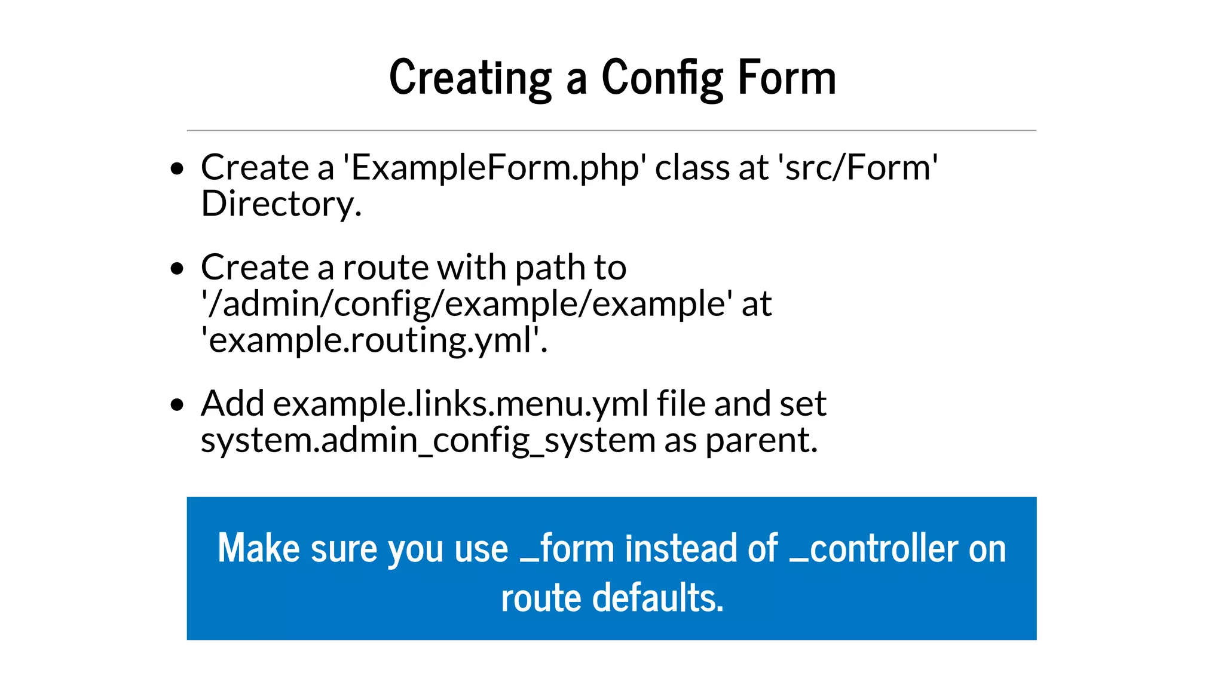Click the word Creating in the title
click(470, 78)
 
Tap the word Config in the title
click(662, 78)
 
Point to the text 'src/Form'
click(858, 168)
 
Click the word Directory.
click(281, 204)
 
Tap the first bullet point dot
click(177, 169)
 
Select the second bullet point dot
click(177, 268)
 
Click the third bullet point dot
click(177, 405)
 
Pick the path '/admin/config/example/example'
click(466, 304)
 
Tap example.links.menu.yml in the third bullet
click(460, 404)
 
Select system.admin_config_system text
click(428, 441)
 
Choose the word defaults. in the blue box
click(657, 598)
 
